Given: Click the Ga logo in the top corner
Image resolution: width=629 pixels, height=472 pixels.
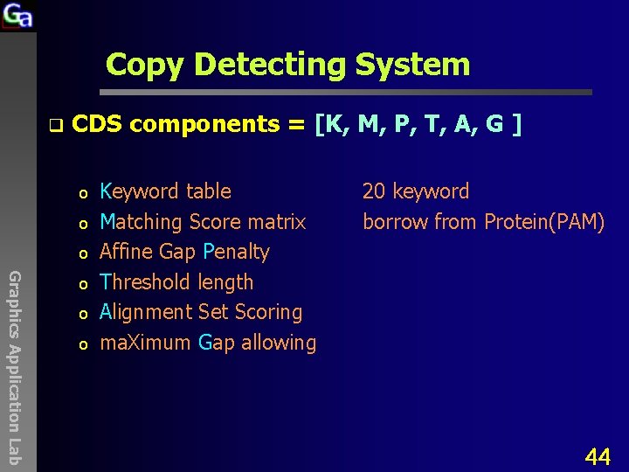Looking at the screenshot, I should [x=17, y=16].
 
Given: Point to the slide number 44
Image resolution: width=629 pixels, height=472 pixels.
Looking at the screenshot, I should [x=598, y=455].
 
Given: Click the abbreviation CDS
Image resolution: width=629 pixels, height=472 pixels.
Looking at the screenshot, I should [x=97, y=124].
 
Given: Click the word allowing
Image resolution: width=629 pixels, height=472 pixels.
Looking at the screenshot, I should [x=279, y=343].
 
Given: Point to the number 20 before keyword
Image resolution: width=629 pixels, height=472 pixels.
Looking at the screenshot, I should [x=374, y=191].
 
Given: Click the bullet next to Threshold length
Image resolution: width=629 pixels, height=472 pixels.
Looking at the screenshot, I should [x=81, y=283].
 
